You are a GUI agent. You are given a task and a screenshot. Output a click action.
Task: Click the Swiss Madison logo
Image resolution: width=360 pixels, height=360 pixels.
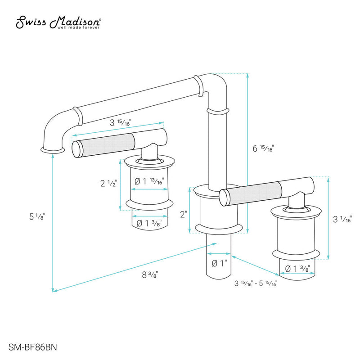pyautogui.click(x=58, y=22)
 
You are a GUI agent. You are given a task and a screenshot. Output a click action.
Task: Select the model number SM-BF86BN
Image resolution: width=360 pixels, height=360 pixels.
pyautogui.click(x=29, y=346)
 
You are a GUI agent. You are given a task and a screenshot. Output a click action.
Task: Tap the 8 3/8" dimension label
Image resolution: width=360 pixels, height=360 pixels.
pyautogui.click(x=150, y=273)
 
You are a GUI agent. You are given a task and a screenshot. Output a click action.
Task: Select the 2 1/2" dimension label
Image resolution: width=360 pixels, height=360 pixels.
pyautogui.click(x=108, y=183)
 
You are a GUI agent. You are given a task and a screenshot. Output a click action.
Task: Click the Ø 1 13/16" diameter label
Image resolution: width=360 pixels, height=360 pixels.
pyautogui.click(x=149, y=181)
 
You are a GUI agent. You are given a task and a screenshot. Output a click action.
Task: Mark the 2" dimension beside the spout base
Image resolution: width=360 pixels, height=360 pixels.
pyautogui.click(x=183, y=215)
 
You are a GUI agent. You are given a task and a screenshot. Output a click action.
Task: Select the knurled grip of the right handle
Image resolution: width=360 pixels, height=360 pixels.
pyautogui.click(x=252, y=191)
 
